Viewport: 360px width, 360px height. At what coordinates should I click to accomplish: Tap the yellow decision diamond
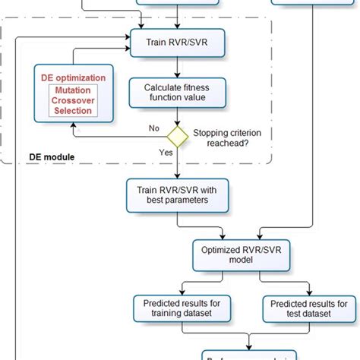coord(177,136)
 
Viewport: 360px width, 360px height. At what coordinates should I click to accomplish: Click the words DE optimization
coord(72,78)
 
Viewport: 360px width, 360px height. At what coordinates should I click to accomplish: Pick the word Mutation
coord(72,90)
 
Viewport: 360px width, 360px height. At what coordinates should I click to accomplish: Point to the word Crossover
coord(72,100)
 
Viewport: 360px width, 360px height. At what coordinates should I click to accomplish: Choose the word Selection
coord(72,111)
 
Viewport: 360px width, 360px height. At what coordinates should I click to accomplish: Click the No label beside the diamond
coord(153,127)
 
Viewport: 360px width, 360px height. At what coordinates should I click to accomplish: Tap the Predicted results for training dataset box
coord(177,308)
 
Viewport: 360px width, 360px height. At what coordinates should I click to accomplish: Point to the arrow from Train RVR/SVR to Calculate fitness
coord(177,67)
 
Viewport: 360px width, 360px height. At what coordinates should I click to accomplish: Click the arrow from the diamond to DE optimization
coord(114,136)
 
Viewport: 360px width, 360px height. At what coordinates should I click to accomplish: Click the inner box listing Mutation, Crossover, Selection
coord(72,100)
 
